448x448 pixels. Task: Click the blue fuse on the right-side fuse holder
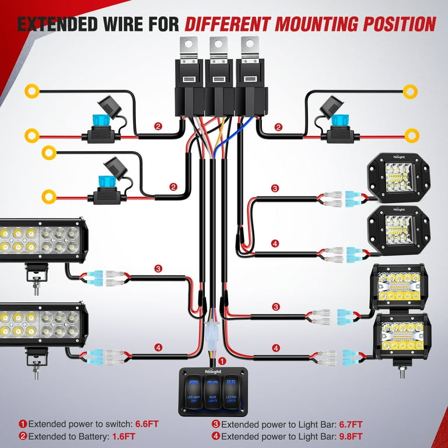coord(339,120)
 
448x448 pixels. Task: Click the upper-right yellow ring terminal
coord(412,90)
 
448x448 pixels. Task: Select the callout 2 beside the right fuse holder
coord(279,127)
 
